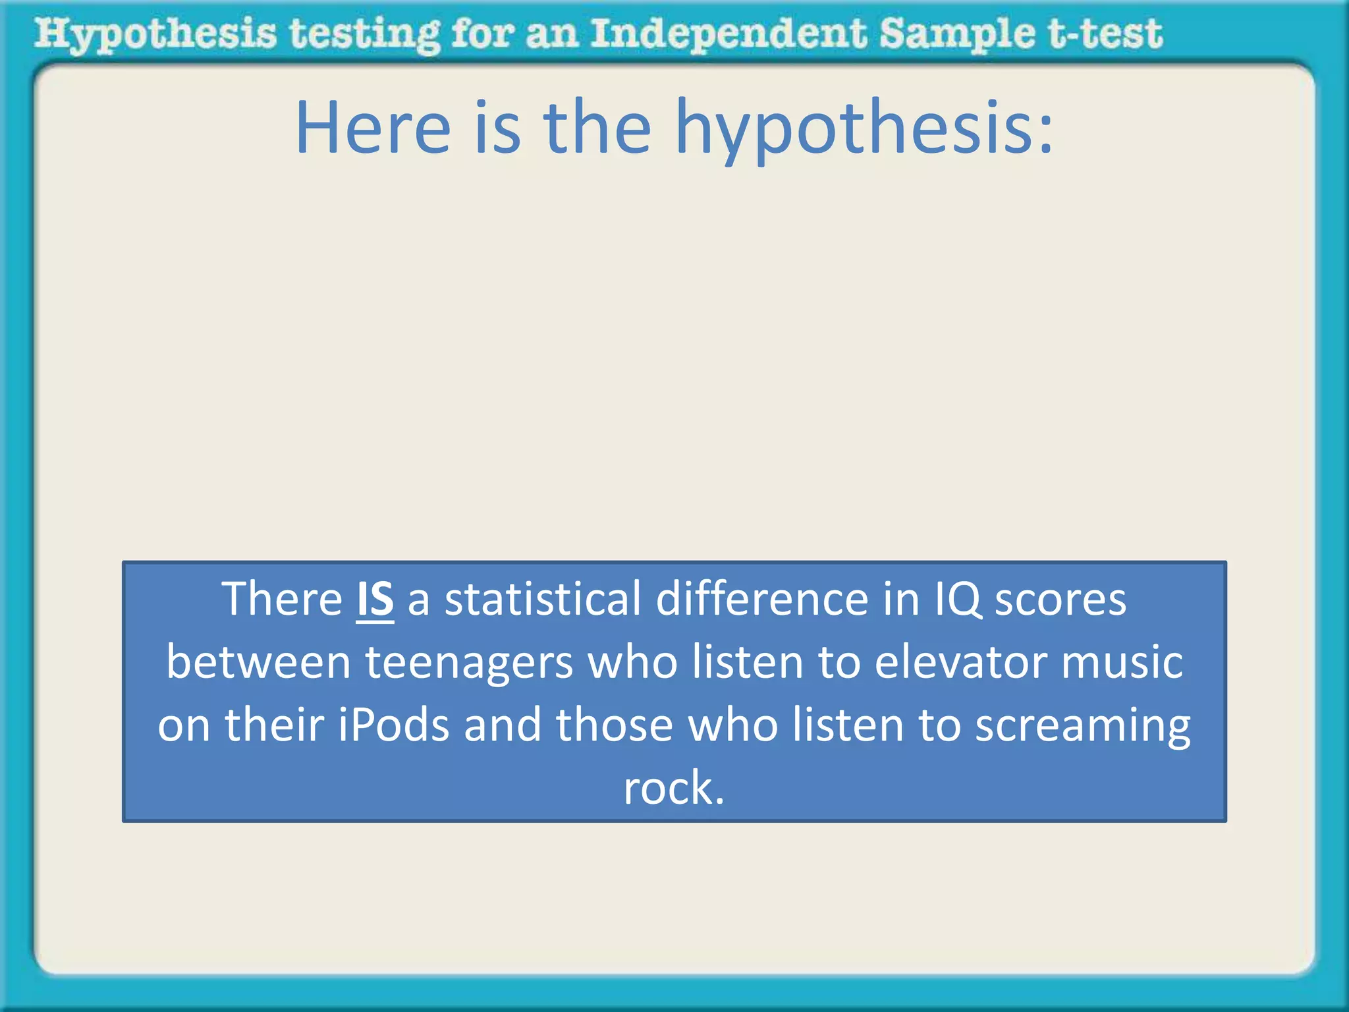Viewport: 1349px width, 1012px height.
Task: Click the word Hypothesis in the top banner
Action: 155,34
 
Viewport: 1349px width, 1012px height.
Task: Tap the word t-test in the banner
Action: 1105,34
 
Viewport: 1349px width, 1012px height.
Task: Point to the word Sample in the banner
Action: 956,34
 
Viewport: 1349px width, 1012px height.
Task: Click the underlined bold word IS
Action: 375,599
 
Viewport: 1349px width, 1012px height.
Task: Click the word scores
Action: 1060,600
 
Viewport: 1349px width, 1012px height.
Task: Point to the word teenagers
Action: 469,663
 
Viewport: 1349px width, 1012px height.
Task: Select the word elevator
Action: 960,661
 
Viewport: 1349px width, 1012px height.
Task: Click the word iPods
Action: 394,724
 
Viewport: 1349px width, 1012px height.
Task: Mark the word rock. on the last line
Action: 674,788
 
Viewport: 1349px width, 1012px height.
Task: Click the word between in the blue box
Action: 258,661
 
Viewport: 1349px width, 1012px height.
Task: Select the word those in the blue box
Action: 615,724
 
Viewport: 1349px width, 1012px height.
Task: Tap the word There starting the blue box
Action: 282,599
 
